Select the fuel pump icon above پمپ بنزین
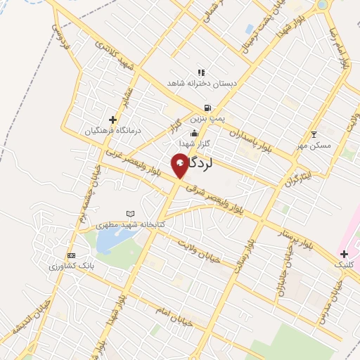[x=207, y=108]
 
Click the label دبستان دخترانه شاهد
[x=200, y=83]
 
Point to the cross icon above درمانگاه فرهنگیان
[x=112, y=120]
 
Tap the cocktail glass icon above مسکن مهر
[x=314, y=134]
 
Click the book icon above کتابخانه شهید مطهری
[x=129, y=213]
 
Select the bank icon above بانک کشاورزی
[x=70, y=256]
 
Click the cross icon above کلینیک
[x=344, y=253]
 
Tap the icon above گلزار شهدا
[x=194, y=134]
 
